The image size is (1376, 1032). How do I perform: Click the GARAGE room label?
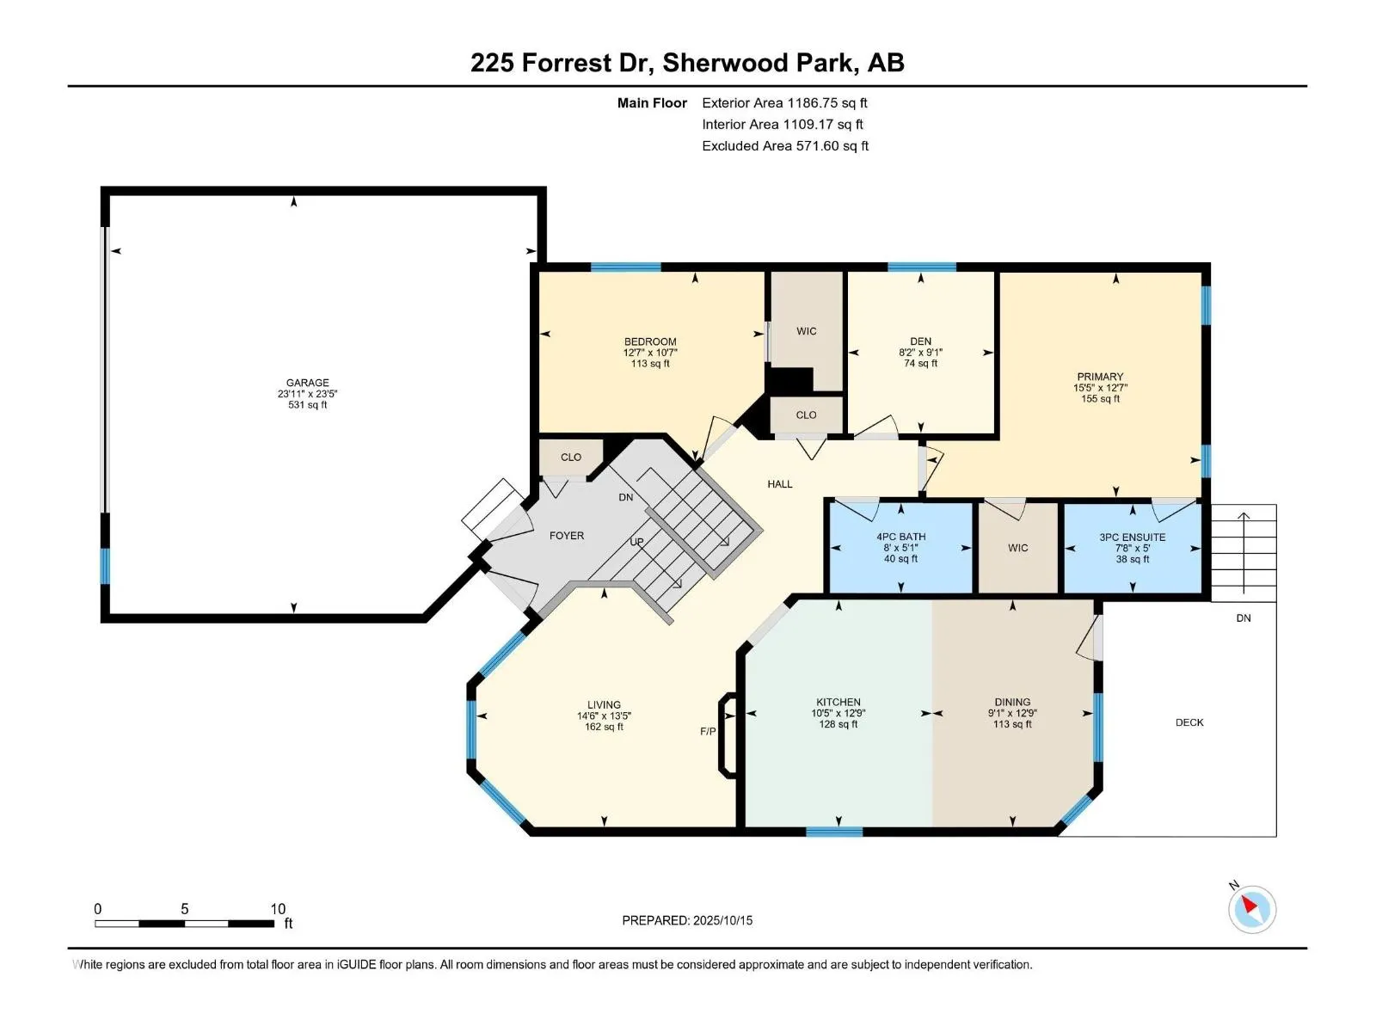click(307, 382)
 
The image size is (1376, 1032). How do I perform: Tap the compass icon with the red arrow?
click(1252, 909)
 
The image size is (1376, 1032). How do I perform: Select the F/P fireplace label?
click(708, 731)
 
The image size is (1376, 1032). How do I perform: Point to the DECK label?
click(1189, 722)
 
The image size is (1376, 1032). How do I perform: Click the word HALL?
click(780, 483)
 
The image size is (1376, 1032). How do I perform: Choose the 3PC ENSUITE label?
click(1132, 537)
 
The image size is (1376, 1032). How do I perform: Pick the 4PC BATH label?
click(900, 537)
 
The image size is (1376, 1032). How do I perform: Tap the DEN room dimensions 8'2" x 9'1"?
click(920, 352)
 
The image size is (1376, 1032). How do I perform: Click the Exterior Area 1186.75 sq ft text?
click(784, 102)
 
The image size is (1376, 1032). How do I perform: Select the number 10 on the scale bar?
click(278, 908)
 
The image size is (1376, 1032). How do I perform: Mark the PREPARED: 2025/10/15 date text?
click(687, 920)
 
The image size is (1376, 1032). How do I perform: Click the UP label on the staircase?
click(636, 542)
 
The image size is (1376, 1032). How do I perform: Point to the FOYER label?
click(566, 536)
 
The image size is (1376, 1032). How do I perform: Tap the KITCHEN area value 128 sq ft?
click(838, 724)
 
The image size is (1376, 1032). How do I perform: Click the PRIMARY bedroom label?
click(1100, 377)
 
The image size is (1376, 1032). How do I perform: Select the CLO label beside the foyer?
click(570, 458)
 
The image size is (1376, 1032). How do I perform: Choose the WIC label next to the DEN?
click(806, 331)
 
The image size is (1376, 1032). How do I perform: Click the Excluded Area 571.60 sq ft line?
click(785, 146)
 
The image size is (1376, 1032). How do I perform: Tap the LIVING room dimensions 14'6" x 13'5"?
click(604, 716)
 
